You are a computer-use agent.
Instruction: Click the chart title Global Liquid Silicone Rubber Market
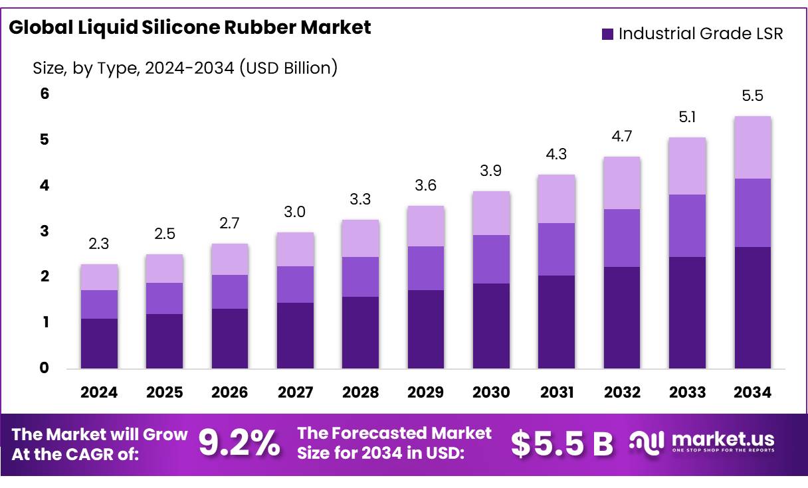pyautogui.click(x=190, y=28)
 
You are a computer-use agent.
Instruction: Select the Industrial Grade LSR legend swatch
pyautogui.click(x=607, y=35)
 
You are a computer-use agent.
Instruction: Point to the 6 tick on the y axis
pyautogui.click(x=45, y=94)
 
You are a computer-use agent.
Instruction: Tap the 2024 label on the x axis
pyautogui.click(x=99, y=392)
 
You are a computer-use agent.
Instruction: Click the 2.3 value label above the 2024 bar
pyautogui.click(x=99, y=244)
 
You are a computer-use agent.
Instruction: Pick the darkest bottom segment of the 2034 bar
pyautogui.click(x=752, y=307)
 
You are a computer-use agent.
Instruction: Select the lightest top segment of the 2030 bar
pyautogui.click(x=491, y=213)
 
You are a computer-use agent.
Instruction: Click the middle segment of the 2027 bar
pyautogui.click(x=295, y=284)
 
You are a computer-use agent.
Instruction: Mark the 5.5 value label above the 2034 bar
pyautogui.click(x=752, y=96)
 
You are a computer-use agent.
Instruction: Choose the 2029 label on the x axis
pyautogui.click(x=426, y=392)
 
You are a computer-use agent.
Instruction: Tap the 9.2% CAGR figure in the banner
pyautogui.click(x=239, y=444)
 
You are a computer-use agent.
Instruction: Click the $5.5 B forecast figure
pyautogui.click(x=561, y=444)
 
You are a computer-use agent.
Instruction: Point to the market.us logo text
pyautogui.click(x=723, y=439)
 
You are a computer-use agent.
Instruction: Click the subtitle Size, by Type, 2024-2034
pyautogui.click(x=185, y=67)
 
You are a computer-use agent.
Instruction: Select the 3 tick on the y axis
pyautogui.click(x=45, y=231)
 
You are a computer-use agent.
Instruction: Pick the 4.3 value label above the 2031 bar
pyautogui.click(x=556, y=154)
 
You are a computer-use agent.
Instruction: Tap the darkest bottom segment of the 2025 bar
pyautogui.click(x=164, y=341)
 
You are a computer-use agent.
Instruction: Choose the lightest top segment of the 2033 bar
pyautogui.click(x=687, y=166)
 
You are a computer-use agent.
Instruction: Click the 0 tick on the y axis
pyautogui.click(x=45, y=368)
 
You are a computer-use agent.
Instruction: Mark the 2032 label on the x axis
pyautogui.click(x=622, y=392)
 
